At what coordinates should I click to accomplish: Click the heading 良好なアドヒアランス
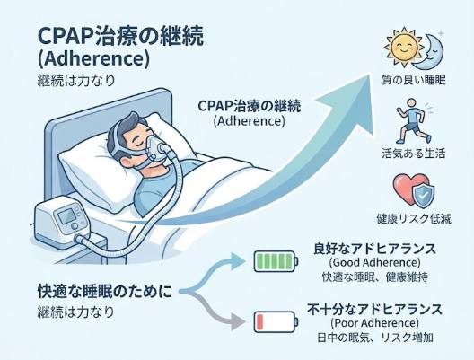tap(376, 248)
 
